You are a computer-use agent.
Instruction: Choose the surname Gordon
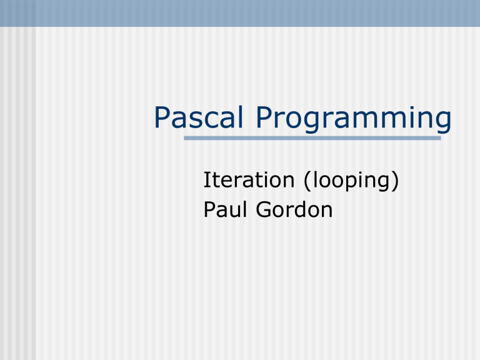pyautogui.click(x=293, y=209)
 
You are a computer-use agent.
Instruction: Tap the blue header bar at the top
pyautogui.click(x=240, y=13)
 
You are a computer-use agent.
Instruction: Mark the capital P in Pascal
pyautogui.click(x=162, y=119)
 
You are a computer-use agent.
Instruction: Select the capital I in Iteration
pyautogui.click(x=207, y=181)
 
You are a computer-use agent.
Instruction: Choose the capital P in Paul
pyautogui.click(x=209, y=209)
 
